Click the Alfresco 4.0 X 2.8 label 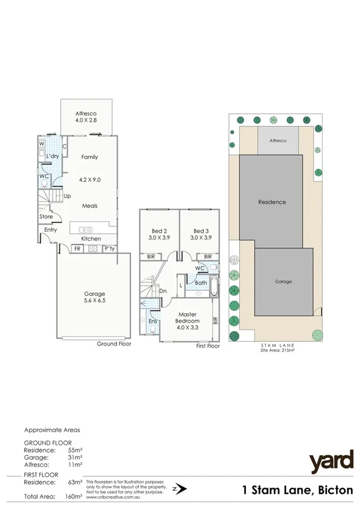click(x=86, y=117)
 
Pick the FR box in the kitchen click(x=77, y=248)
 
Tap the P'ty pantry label click(x=109, y=248)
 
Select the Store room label click(x=46, y=217)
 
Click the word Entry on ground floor click(x=50, y=229)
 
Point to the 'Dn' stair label click(x=163, y=291)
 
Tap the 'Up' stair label click(x=67, y=196)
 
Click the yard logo click(x=331, y=462)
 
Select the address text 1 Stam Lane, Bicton click(x=297, y=490)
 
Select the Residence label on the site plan click(x=272, y=202)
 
